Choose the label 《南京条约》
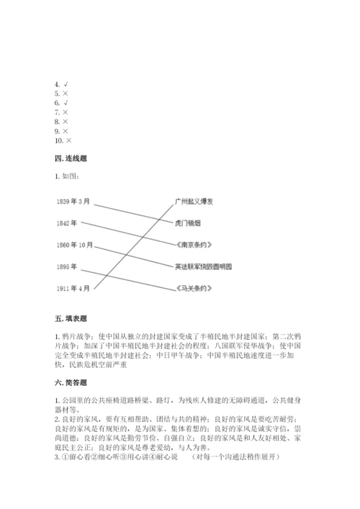coord(192,245)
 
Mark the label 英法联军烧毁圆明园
coord(203,266)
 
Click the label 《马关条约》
coord(192,288)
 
